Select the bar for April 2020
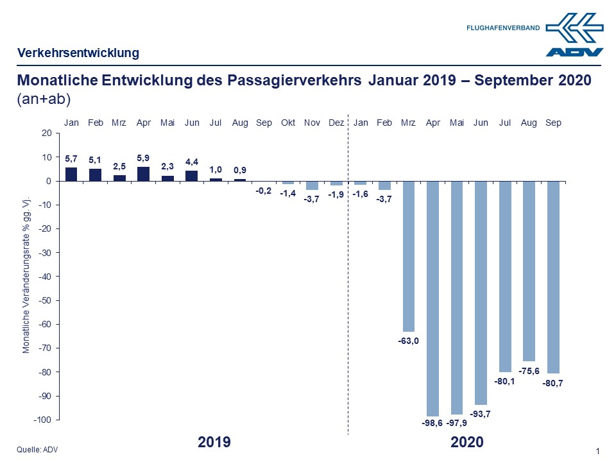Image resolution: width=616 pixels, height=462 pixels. [x=433, y=298]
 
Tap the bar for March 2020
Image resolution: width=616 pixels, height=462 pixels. [x=409, y=256]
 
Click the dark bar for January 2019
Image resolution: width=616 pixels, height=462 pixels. [x=71, y=174]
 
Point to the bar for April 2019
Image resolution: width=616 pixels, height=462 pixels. [x=143, y=174]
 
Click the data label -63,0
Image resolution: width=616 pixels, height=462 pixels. [x=409, y=341]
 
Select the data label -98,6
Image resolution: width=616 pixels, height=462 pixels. [x=433, y=425]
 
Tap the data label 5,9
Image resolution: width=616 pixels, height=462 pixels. [x=143, y=158]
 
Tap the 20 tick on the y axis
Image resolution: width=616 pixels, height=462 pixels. [x=46, y=133]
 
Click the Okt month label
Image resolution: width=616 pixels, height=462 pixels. [x=288, y=123]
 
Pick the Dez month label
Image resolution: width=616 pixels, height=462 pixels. [x=336, y=123]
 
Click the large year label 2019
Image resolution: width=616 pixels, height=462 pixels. [x=214, y=442]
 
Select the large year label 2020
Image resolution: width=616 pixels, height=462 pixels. [x=466, y=442]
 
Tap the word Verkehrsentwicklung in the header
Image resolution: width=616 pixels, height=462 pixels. [x=78, y=53]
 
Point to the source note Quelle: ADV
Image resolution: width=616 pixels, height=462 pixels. [x=38, y=450]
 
